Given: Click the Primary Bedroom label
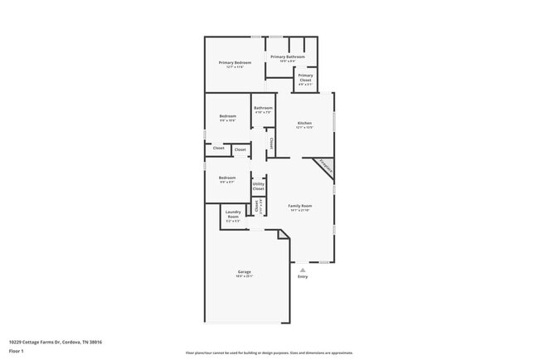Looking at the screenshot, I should pos(236,63).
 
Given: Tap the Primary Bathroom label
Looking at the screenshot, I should pos(288,56).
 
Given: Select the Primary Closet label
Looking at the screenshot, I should pos(305,77).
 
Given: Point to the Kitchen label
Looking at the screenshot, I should pos(305,123).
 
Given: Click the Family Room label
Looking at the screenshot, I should pos(299,205).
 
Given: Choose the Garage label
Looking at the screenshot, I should pos(245,272).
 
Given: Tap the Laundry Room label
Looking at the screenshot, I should pos(233,214).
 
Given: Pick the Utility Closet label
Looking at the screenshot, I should pos(259,186).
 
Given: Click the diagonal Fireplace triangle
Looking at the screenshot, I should pos(326,166).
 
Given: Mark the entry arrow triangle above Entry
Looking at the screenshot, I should pos(303,270).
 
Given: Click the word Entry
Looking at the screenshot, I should pos(303,276).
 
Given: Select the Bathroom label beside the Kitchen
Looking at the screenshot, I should pos(264,108).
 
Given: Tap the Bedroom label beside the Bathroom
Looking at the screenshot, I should pos(228,115).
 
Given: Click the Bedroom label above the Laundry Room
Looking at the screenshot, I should pos(227,178).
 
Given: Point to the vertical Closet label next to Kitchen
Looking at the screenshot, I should pos(271,144).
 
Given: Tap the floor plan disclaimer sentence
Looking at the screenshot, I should pos(269,353).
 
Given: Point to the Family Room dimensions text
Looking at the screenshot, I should pos(299,211).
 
